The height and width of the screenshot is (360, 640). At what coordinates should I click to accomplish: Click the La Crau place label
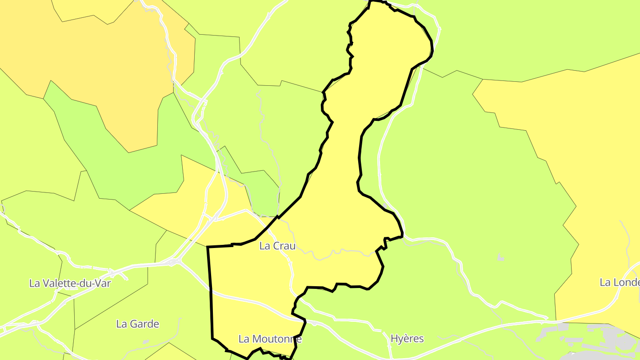point(277,246)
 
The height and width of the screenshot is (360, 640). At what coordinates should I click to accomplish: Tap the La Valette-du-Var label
point(70,283)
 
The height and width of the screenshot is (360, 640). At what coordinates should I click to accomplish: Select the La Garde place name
point(137,324)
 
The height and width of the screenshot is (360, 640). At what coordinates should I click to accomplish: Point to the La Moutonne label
point(270,339)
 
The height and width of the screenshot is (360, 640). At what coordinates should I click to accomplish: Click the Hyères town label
point(407,339)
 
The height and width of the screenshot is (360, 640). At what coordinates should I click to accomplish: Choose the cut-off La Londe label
point(620,282)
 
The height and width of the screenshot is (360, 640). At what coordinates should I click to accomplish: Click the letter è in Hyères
point(409,339)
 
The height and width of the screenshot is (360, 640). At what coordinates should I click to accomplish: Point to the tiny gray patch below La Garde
point(146,342)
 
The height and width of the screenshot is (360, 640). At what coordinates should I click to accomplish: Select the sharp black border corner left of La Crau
point(208,247)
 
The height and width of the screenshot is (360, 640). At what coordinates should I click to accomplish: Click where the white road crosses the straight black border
point(210,292)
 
